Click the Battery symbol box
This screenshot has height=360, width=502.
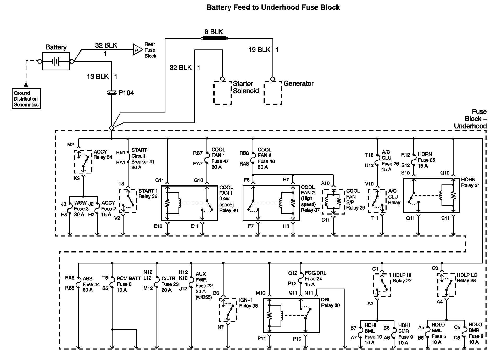click(56, 61)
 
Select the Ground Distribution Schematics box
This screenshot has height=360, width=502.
click(26, 99)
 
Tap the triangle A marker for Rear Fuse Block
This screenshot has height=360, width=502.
click(137, 49)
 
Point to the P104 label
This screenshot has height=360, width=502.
click(126, 93)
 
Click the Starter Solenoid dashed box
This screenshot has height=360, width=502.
click(222, 93)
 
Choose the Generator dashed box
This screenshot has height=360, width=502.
click(273, 93)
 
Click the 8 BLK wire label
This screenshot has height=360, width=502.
click(214, 32)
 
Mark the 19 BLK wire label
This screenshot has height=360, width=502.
click(259, 50)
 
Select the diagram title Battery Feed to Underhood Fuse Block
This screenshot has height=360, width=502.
click(273, 7)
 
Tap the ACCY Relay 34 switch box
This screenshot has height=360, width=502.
click(83, 161)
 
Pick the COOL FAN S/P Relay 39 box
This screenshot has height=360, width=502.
click(333, 202)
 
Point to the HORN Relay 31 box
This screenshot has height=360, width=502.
click(431, 195)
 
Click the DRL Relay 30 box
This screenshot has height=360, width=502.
click(291, 315)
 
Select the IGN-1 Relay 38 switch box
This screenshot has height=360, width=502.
click(228, 310)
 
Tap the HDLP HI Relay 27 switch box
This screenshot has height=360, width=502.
click(382, 285)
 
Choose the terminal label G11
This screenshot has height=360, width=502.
click(159, 180)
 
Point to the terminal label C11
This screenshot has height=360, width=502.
click(326, 220)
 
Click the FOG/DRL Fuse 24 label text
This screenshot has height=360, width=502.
click(315, 279)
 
